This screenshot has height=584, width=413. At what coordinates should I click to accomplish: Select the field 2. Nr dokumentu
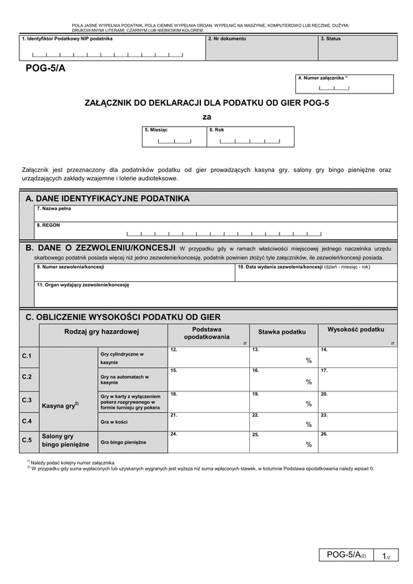coord(261,48)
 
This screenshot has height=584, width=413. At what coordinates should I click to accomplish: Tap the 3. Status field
coord(356,48)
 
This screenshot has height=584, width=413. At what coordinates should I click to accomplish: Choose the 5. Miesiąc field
coord(174,137)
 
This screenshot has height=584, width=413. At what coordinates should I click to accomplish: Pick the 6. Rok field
coord(250,137)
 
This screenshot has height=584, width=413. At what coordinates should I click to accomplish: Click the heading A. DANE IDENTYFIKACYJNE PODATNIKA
coord(107,199)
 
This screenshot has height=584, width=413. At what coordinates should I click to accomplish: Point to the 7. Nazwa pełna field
coord(215,213)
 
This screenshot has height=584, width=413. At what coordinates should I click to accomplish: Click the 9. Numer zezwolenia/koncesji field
coord(134,272)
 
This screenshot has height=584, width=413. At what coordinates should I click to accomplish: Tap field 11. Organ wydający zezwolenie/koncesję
coord(215,294)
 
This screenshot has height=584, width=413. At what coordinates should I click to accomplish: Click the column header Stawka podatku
coord(282,332)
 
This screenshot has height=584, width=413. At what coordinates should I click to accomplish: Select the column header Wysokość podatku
coord(356,330)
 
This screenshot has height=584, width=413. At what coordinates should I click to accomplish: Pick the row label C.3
coord(27,400)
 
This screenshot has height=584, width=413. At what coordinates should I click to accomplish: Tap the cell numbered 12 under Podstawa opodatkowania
coord(209,357)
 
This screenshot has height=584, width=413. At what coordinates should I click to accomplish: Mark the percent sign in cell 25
coord(309,445)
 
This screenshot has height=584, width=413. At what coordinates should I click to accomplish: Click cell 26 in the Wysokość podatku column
coord(357,442)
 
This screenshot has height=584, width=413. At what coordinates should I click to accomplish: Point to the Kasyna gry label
coord(60,406)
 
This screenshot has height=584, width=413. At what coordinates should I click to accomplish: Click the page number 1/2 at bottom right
coord(386,556)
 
